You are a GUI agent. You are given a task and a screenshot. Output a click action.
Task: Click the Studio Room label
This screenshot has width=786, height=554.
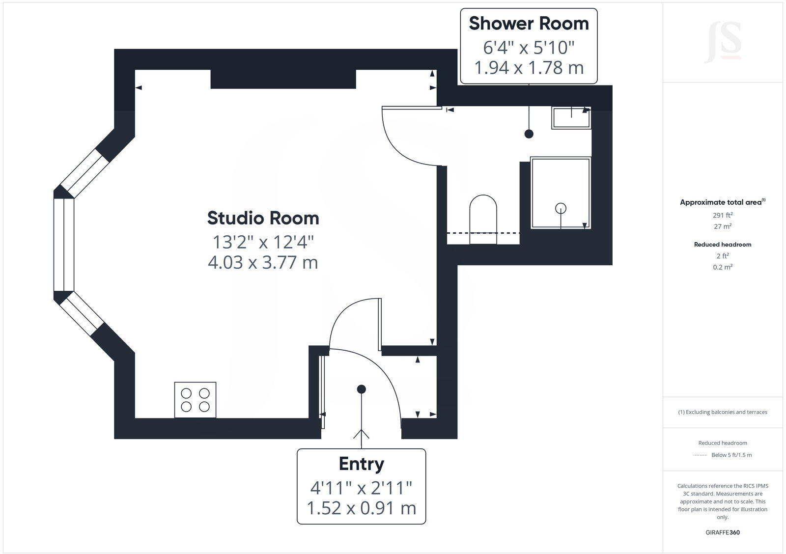(263, 218)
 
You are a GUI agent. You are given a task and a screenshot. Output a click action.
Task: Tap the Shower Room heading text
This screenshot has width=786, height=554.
(529, 24)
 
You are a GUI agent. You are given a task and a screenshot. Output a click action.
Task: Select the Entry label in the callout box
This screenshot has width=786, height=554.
(361, 464)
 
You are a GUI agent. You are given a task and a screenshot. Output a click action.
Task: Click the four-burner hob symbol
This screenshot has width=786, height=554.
(195, 400)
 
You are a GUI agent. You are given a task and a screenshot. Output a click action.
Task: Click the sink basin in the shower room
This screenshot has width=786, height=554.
(571, 118)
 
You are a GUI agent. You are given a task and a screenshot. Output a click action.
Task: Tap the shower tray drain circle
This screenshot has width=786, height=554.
(561, 208)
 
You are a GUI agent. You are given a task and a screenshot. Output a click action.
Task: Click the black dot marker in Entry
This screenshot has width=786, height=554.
(362, 389)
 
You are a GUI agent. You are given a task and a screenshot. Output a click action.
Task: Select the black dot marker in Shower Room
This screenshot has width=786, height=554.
(529, 134)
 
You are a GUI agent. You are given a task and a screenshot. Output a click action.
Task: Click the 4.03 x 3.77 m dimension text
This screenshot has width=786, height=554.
(263, 262)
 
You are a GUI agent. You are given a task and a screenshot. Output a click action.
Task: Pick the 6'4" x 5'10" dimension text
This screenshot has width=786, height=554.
(529, 48)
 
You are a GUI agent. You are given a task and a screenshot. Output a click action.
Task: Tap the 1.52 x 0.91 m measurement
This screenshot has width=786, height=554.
(361, 508)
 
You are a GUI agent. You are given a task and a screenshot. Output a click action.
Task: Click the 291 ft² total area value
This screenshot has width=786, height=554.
(723, 215)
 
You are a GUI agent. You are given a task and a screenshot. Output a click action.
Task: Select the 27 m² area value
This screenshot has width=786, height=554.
(723, 226)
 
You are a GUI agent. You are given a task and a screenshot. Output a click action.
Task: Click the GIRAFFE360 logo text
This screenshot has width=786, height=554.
(723, 532)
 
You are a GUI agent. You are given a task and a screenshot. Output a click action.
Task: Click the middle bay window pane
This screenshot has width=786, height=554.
(64, 245)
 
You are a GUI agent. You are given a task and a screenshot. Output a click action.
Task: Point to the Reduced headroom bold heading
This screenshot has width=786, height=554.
(723, 244)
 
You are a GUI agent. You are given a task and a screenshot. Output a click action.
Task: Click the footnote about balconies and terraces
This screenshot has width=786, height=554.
(723, 412)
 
